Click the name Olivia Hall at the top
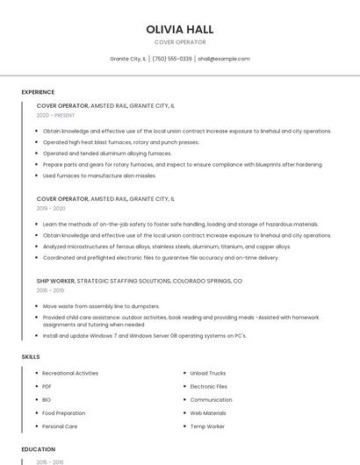(x=180, y=29)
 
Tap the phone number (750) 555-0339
(x=172, y=59)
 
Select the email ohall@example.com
(x=224, y=59)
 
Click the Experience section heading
(x=38, y=92)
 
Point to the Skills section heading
(x=31, y=357)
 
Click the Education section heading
(x=38, y=449)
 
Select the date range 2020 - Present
(x=56, y=115)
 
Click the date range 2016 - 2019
(x=50, y=290)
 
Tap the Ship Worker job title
(x=55, y=281)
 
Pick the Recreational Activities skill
(x=70, y=373)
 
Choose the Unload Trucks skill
(x=208, y=373)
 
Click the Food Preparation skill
(x=64, y=412)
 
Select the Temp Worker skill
(x=207, y=426)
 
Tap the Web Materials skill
(x=208, y=412)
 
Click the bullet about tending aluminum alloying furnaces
(x=107, y=153)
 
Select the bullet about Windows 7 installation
(x=144, y=335)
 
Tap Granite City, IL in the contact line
(x=128, y=59)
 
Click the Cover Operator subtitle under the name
(x=180, y=42)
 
